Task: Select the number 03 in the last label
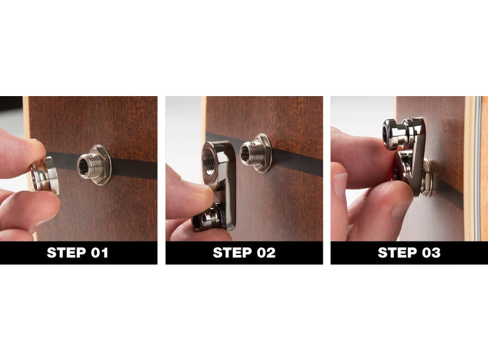pyautogui.click(x=428, y=253)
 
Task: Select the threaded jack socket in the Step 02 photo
pyautogui.click(x=255, y=154)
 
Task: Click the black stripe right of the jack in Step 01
pyautogui.click(x=134, y=168)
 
